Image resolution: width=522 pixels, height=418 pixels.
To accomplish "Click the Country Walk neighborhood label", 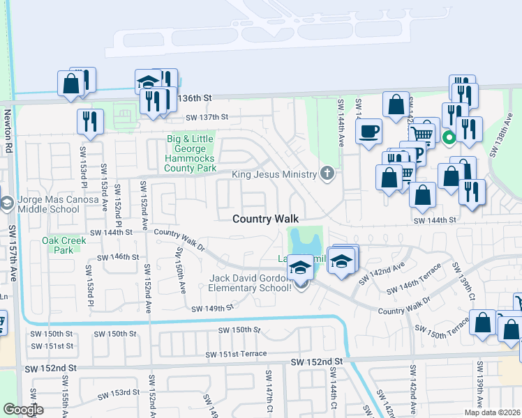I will (265, 219).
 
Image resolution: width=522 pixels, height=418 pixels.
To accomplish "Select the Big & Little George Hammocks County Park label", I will (191, 154).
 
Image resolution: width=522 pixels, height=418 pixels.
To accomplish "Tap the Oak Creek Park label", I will (64, 245).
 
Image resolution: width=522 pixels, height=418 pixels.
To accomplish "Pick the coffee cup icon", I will (368, 131).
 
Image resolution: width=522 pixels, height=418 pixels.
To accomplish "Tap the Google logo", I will (24, 410).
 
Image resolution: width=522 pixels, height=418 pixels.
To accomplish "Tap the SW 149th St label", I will (213, 307).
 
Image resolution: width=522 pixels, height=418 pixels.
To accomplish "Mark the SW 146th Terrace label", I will (419, 278).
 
